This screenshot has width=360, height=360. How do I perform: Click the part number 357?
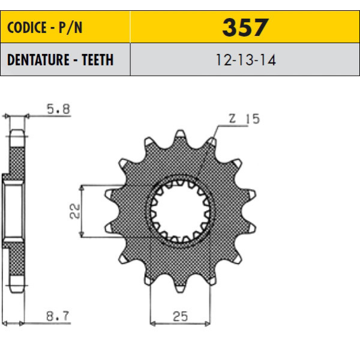[245, 28]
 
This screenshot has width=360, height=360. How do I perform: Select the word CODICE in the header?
[27, 28]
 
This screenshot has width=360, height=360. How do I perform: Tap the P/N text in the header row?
[70, 28]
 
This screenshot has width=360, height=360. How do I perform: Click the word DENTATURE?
[38, 60]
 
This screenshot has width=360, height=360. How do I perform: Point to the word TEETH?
[98, 60]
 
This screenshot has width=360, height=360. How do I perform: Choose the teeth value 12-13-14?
[245, 60]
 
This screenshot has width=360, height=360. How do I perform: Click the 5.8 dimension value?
[58, 109]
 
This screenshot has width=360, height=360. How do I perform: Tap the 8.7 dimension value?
[58, 316]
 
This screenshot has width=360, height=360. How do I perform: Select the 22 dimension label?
[75, 211]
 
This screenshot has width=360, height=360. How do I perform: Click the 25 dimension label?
[180, 316]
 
